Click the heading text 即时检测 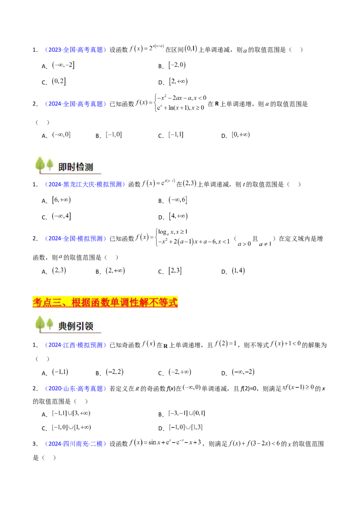[x=76, y=167]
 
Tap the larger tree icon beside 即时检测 [x=40, y=165]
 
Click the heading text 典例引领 [x=76, y=326]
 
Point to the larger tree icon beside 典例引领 [x=40, y=324]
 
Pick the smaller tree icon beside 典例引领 [x=49, y=324]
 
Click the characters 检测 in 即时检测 [x=85, y=167]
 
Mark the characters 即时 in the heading [x=67, y=167]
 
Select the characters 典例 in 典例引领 [x=67, y=326]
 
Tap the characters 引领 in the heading [x=85, y=326]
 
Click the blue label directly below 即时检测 [x=85, y=184]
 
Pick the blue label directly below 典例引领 [x=75, y=345]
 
